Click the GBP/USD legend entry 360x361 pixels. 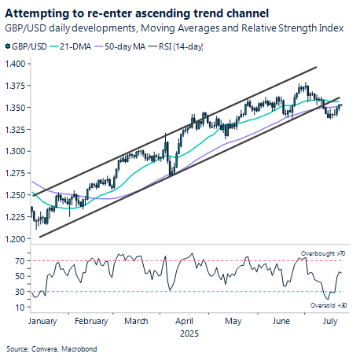pyautogui.click(x=28, y=48)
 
